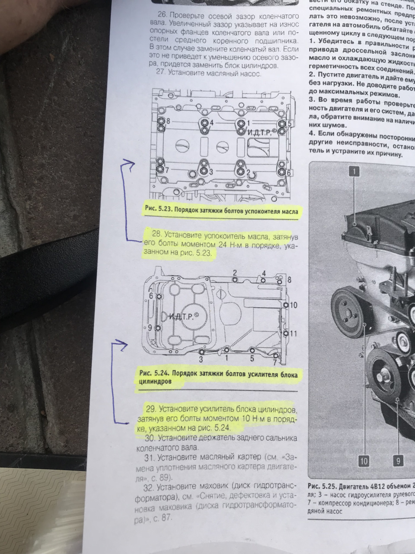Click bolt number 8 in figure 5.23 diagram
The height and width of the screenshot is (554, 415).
[x=168, y=122]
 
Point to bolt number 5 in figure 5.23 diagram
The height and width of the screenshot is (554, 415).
[x=290, y=123]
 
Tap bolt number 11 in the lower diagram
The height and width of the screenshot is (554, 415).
[x=293, y=333]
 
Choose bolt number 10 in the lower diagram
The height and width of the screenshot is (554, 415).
[x=293, y=305]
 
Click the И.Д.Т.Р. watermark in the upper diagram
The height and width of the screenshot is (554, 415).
[x=261, y=132]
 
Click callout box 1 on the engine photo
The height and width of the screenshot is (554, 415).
[x=354, y=172]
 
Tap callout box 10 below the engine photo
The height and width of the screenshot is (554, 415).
[x=364, y=461]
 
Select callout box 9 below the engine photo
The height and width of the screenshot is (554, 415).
[x=399, y=461]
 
